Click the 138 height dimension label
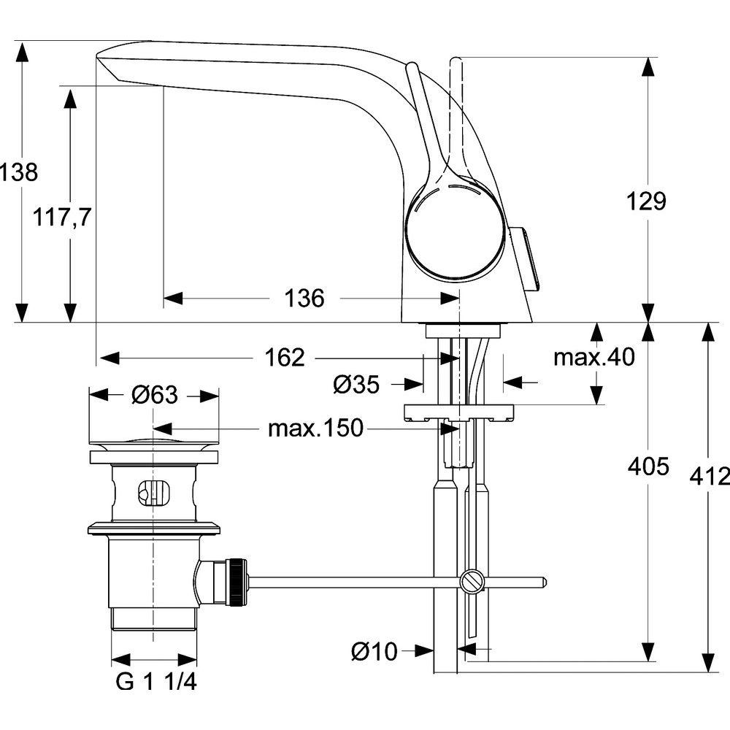click(x=18, y=173)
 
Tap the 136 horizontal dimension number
click(x=303, y=298)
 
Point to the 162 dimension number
click(x=283, y=358)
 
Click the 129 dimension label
click(x=646, y=201)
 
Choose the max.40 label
click(x=593, y=358)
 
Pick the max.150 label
click(x=315, y=429)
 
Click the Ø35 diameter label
click(x=356, y=384)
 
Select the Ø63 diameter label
click(x=154, y=395)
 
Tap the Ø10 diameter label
click(x=374, y=651)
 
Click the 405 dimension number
click(x=648, y=466)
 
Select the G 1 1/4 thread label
click(x=156, y=683)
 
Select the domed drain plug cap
click(x=154, y=441)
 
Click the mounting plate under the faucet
click(x=461, y=412)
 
